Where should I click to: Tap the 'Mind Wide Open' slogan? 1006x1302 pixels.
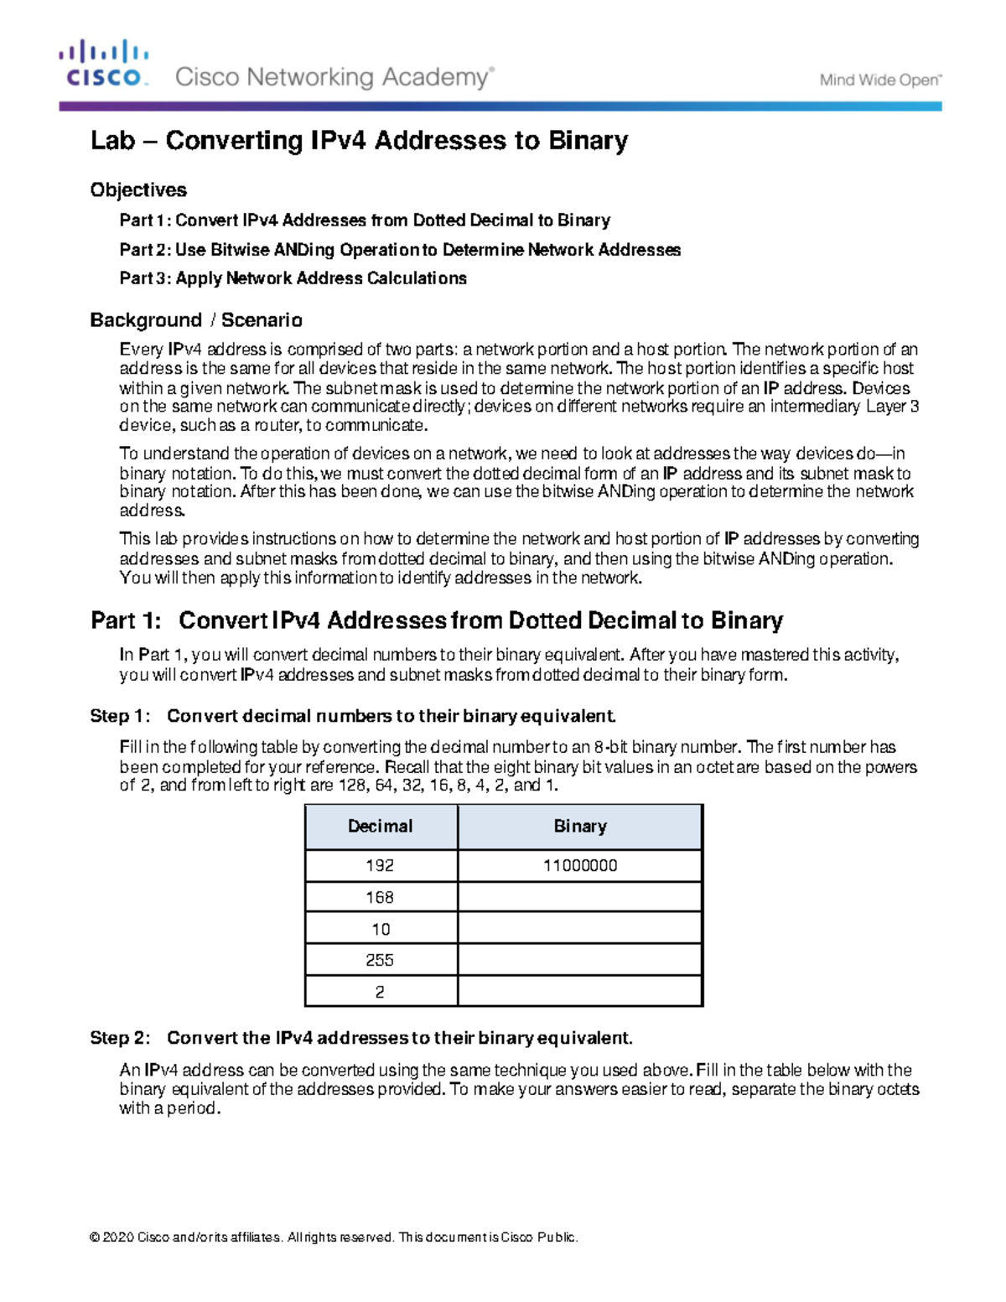(x=880, y=80)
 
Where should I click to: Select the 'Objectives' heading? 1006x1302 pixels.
(x=138, y=190)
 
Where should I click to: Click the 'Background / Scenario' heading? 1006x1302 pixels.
(x=196, y=320)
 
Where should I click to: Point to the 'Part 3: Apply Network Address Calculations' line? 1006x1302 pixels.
(x=293, y=278)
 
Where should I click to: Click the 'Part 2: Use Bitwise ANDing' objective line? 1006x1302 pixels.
(x=399, y=250)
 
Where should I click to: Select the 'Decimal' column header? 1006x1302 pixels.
(x=381, y=827)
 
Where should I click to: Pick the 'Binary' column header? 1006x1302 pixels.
(x=579, y=827)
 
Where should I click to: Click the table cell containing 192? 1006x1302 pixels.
(x=381, y=866)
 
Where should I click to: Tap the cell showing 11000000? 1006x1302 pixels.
(x=579, y=866)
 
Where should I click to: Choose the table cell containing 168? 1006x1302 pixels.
(x=381, y=897)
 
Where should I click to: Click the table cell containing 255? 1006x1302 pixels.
(x=381, y=960)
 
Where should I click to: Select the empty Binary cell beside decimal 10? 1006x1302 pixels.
(x=579, y=929)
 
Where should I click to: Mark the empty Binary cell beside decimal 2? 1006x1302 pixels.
(x=579, y=992)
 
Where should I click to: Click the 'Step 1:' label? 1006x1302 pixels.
(x=121, y=716)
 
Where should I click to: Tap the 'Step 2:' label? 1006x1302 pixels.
(x=121, y=1038)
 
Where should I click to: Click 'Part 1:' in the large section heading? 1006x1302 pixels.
(x=126, y=621)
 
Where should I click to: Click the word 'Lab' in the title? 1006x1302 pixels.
(x=112, y=141)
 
